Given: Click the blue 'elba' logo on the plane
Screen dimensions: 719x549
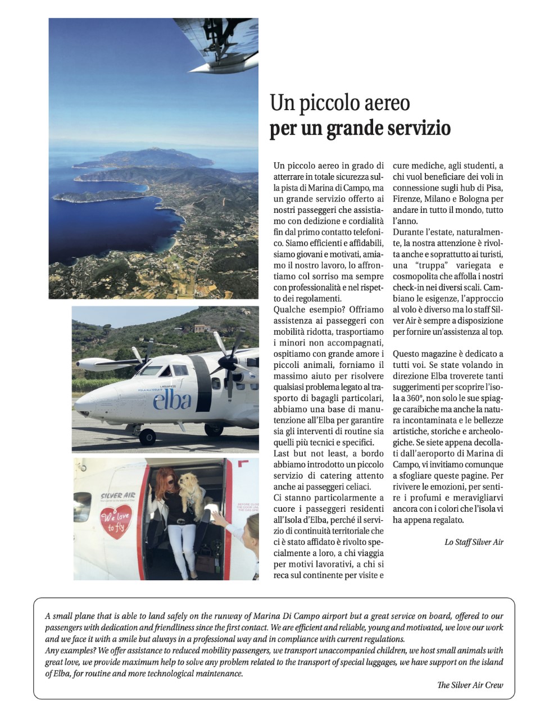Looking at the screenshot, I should (x=172, y=400).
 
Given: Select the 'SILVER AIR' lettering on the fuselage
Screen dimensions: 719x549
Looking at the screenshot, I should (x=118, y=496).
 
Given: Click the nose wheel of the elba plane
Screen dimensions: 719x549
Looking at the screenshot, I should (x=148, y=436).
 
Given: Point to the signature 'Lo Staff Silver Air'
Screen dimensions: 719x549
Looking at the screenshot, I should (x=474, y=542).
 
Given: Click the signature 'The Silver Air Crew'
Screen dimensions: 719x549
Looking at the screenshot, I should (x=470, y=685).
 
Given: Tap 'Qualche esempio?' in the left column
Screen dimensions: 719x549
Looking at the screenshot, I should (x=308, y=310).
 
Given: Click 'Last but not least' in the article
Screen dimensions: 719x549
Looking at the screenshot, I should (x=310, y=453).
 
